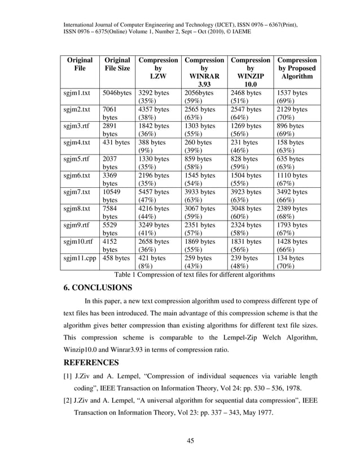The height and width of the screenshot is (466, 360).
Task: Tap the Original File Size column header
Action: pos(117,64)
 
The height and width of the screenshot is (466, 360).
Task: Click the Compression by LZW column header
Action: pos(159,68)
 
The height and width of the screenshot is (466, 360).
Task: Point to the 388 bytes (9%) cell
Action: pos(153,147)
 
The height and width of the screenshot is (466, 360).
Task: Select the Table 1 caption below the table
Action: pos(194,275)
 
